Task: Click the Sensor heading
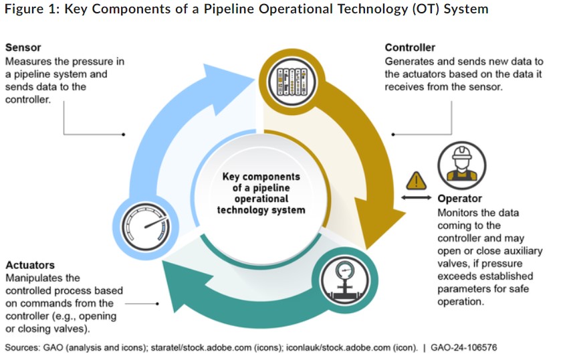23,48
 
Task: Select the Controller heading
410,48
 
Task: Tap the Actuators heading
30,265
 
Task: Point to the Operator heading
459,199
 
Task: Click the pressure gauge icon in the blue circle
146,227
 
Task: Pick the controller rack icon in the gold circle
292,82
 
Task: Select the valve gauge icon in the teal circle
345,280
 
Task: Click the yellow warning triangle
416,181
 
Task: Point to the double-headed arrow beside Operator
416,197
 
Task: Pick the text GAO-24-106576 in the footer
463,347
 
